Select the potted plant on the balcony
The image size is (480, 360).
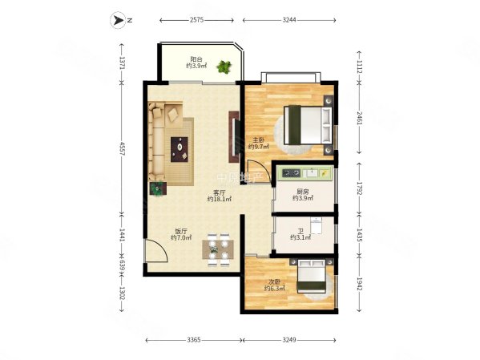(x=226, y=69)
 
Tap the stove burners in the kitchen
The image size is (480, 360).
(x=289, y=172)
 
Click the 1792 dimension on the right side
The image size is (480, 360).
(x=358, y=190)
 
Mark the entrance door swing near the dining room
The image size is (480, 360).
(x=156, y=254)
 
